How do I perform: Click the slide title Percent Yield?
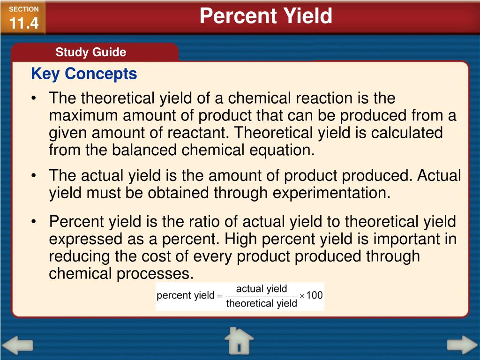coord(266,16)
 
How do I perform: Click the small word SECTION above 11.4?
coord(23,9)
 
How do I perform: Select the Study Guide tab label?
coord(90,52)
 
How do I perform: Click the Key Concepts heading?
coord(84,74)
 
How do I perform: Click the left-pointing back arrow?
coord(20,345)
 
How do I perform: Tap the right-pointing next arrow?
coord(462,345)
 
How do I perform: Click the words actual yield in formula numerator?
coord(262,289)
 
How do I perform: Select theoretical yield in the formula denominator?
coord(262,303)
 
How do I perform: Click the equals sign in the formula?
coord(219,296)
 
